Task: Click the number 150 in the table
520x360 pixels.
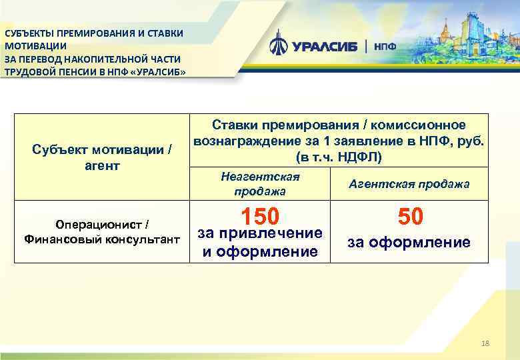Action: point(261,217)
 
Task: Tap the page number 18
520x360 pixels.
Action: point(485,343)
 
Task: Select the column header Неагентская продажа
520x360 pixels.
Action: point(260,183)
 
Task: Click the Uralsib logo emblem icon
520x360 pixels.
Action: point(279,45)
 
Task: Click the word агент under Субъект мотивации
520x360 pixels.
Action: point(102,164)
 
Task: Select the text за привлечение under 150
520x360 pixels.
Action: point(261,233)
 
